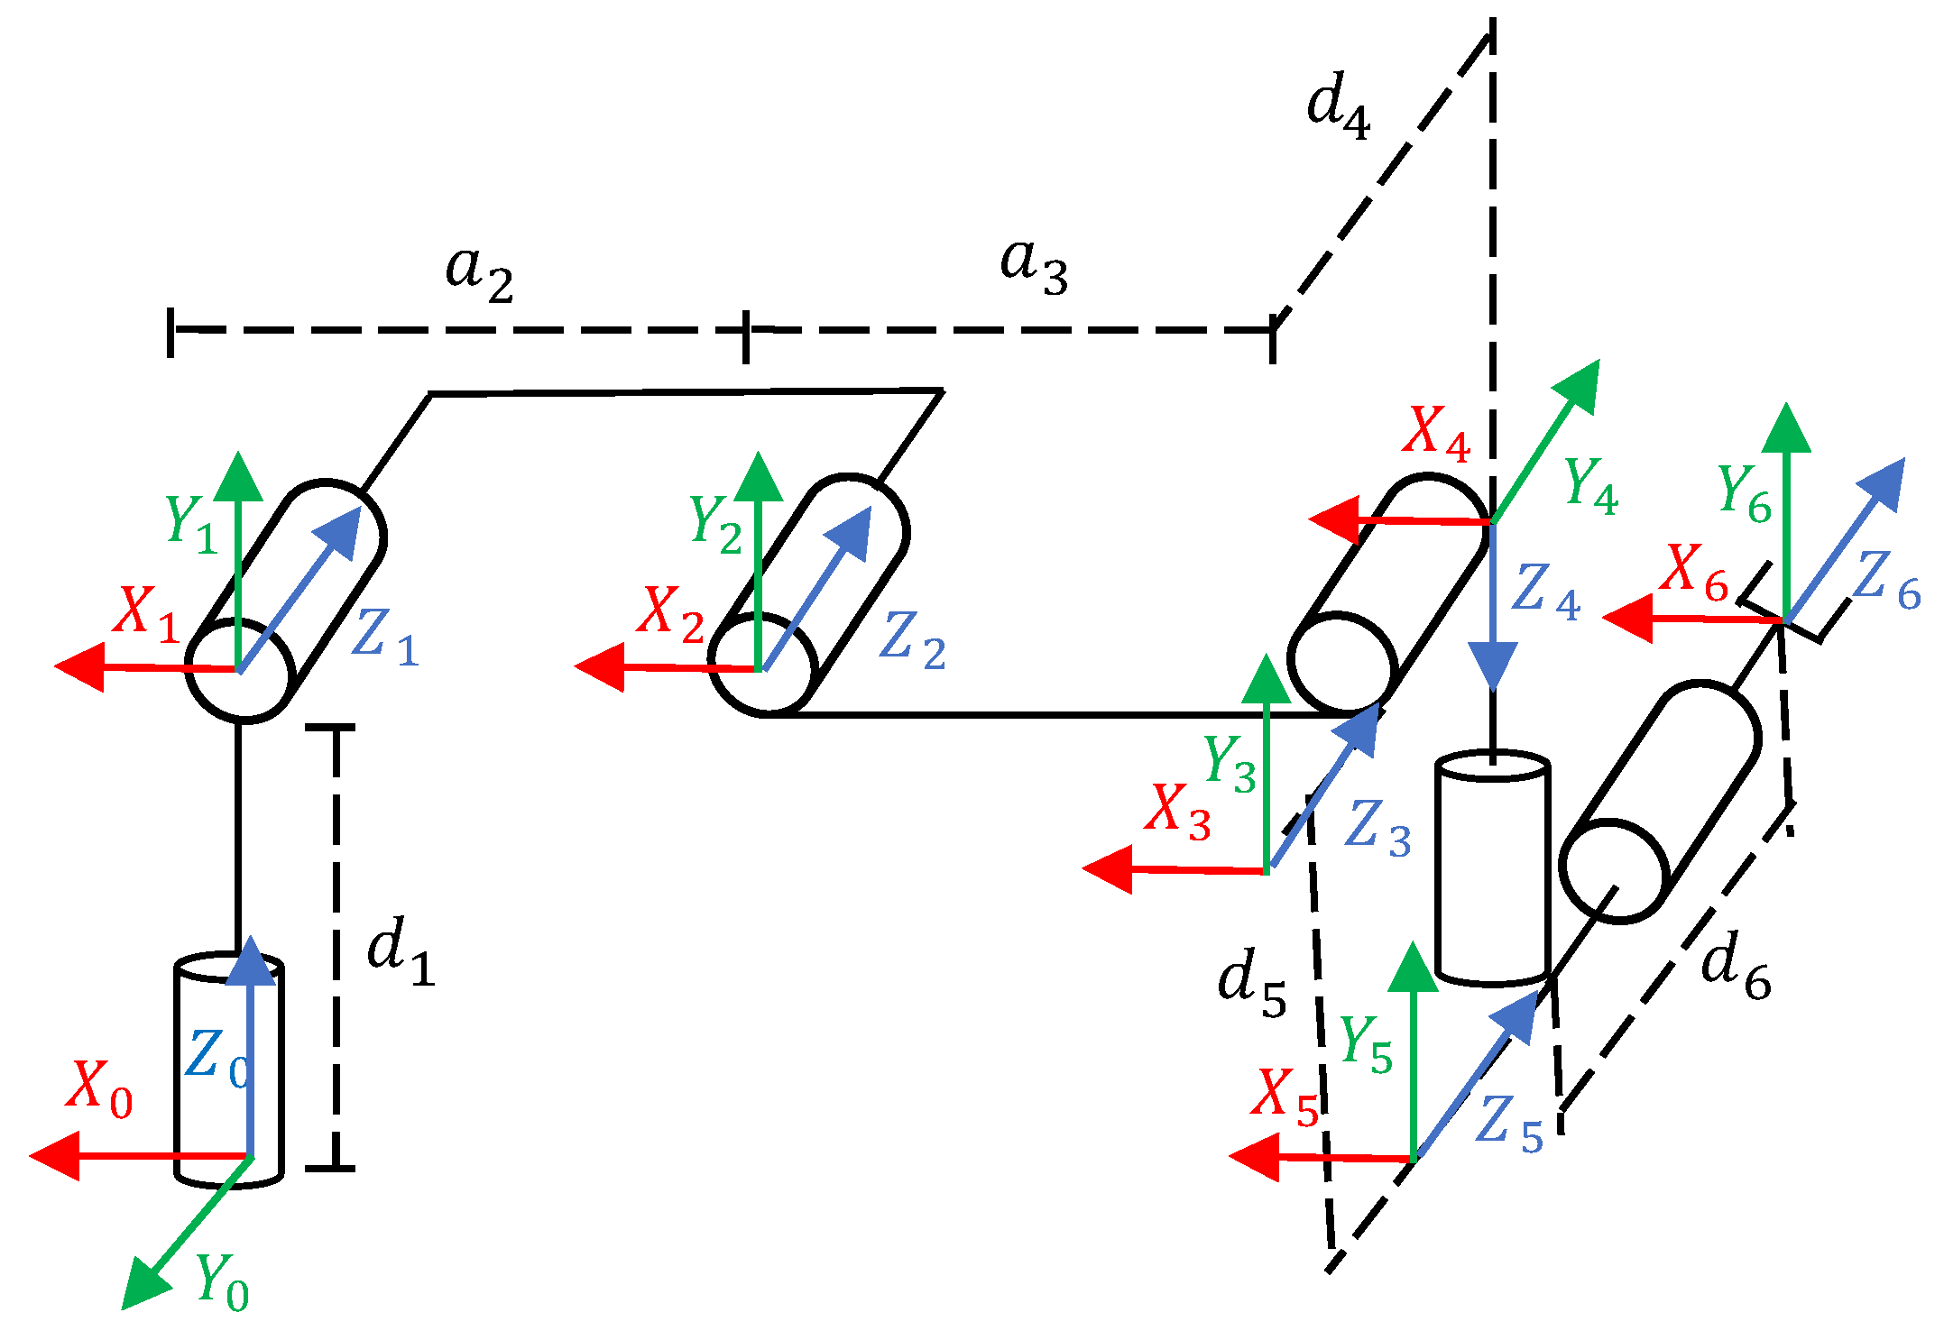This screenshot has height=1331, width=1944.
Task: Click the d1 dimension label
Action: point(401,954)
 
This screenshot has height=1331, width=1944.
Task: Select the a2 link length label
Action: point(479,273)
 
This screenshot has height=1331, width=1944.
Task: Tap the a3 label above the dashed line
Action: point(1034,267)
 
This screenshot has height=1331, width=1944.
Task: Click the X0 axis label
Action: point(99,1089)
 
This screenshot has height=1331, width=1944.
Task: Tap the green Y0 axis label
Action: point(222,1282)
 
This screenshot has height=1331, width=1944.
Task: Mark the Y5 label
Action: point(1366,1045)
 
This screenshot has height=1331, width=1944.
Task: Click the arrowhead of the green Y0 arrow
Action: point(144,1286)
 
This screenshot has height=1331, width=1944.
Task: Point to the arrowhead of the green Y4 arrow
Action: point(1579,383)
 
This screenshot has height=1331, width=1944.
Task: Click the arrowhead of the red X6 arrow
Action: point(1627,619)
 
